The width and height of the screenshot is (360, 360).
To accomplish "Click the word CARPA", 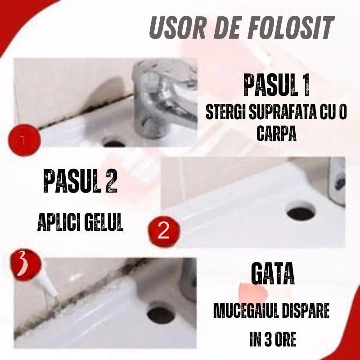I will (x=276, y=134).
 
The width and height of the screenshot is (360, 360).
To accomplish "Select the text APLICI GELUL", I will (x=81, y=223).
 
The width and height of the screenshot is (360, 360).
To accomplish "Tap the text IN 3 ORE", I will (x=273, y=339).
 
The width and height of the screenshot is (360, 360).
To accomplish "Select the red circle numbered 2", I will (x=164, y=232).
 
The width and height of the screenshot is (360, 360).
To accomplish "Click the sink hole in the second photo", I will (x=301, y=212).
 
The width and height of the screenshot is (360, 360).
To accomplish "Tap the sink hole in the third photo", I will (x=161, y=315).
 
